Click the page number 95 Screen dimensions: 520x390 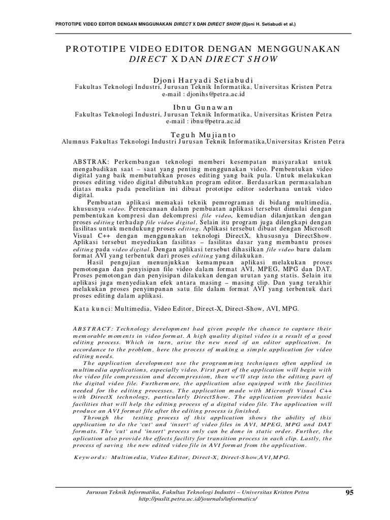[348, 493]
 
